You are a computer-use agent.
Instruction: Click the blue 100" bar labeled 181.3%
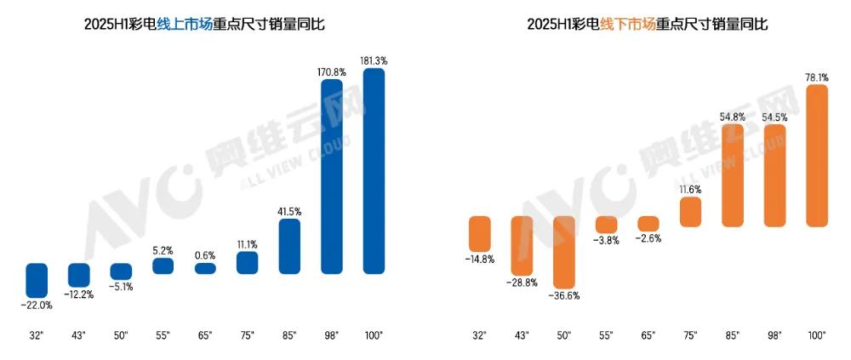(x=374, y=171)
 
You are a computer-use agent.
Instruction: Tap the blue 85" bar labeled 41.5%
(x=289, y=246)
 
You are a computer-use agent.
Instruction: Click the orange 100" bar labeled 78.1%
(x=816, y=155)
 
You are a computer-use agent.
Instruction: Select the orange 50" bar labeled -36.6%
(x=564, y=251)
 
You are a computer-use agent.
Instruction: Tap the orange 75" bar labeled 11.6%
(x=690, y=213)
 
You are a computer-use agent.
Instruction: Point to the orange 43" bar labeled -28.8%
(x=522, y=244)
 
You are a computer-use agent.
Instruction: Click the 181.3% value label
(x=374, y=60)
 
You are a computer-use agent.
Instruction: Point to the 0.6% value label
(x=205, y=254)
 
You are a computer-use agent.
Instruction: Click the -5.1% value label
(x=121, y=287)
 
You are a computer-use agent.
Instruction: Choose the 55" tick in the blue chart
(x=163, y=334)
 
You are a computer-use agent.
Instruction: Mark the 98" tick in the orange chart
(x=774, y=334)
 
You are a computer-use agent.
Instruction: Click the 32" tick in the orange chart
(x=480, y=334)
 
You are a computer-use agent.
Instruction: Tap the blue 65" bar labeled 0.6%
(x=205, y=268)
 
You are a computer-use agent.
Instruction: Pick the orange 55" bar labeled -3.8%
(x=606, y=225)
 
